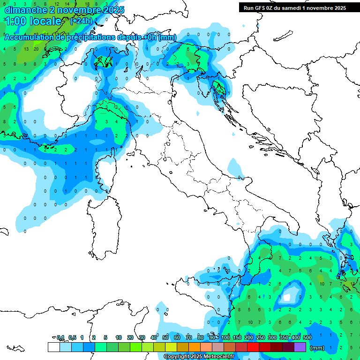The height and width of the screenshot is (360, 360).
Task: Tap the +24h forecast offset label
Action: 81,21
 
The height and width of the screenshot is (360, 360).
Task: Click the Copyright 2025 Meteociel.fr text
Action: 199,357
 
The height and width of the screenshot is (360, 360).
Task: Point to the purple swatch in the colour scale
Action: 300,347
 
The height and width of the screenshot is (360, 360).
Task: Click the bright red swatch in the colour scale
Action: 253,347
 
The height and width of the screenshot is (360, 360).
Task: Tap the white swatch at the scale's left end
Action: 53,347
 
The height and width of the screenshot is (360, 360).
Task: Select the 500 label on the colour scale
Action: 307,338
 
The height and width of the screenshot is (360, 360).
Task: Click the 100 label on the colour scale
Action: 225,338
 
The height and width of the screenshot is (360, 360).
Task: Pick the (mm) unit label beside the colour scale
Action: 317,348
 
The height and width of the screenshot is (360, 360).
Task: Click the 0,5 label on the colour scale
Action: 72,338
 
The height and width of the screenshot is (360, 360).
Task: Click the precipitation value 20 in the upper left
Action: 36,49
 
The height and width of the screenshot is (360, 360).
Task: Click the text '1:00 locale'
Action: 33,21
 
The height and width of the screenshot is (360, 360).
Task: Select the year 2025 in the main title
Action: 114,10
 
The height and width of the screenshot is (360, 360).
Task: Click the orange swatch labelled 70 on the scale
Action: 195,347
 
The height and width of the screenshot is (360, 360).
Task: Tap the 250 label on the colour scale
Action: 260,338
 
